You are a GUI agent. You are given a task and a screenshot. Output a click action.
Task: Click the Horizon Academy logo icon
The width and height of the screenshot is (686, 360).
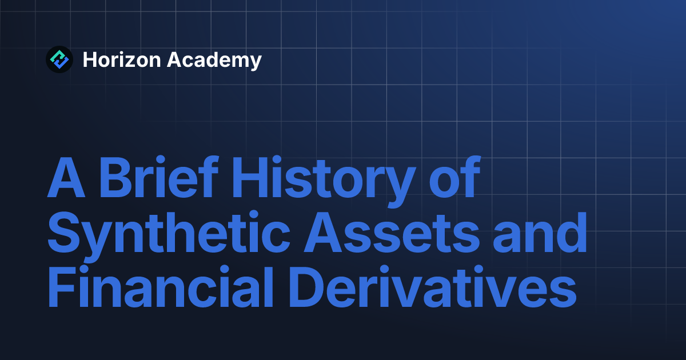pos(59,59)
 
